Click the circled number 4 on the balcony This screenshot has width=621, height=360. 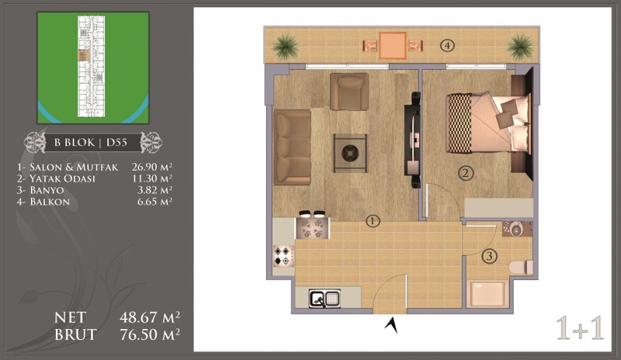(447, 46)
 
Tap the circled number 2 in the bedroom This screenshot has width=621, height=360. (466, 173)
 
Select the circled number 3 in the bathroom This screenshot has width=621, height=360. (490, 256)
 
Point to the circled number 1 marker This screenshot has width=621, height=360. (373, 221)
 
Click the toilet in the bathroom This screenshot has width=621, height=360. (521, 268)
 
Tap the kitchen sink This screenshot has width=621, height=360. (324, 298)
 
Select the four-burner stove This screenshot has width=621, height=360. (283, 255)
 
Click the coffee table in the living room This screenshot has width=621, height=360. (350, 153)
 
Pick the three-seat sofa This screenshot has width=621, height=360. (292, 147)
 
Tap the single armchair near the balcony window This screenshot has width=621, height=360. (349, 92)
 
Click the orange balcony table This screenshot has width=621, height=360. (393, 46)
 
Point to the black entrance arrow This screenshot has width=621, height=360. (391, 325)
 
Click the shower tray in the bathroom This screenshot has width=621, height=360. (487, 294)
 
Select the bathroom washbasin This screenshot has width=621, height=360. (515, 229)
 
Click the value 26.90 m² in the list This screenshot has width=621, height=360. (152, 167)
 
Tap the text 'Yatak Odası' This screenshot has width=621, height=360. (63, 178)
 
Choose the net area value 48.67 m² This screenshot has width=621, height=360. (150, 317)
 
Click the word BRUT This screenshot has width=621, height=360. (75, 334)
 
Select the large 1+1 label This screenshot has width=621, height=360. (580, 328)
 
